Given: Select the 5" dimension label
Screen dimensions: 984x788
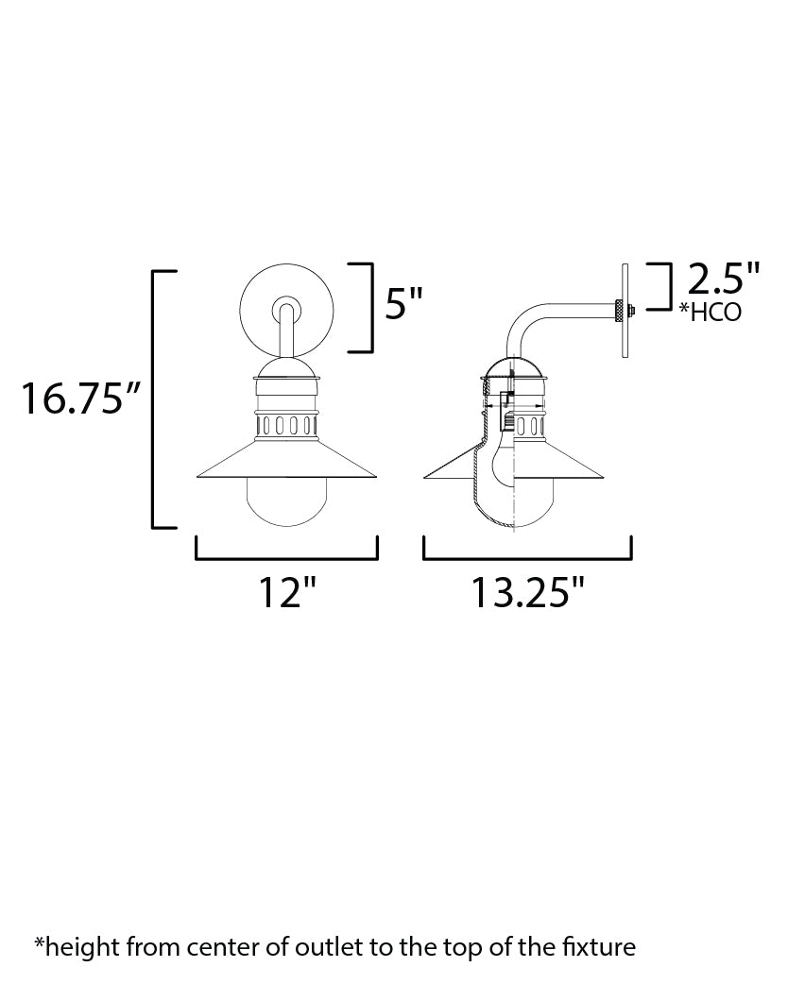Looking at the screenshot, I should point(403,305).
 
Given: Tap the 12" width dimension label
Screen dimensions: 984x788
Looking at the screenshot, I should point(286,593).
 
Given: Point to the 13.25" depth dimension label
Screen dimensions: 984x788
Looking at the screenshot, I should point(528,593).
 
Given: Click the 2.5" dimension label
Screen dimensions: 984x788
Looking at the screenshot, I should point(724,280).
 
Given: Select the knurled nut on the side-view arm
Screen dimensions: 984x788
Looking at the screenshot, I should point(618,309).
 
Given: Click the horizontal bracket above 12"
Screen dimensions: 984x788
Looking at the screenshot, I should point(286,557).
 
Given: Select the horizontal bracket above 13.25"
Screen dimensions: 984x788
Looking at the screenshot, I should point(527,557).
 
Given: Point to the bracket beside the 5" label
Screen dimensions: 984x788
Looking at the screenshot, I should point(363,306).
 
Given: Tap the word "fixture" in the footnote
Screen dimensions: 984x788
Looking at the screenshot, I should point(602,945).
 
